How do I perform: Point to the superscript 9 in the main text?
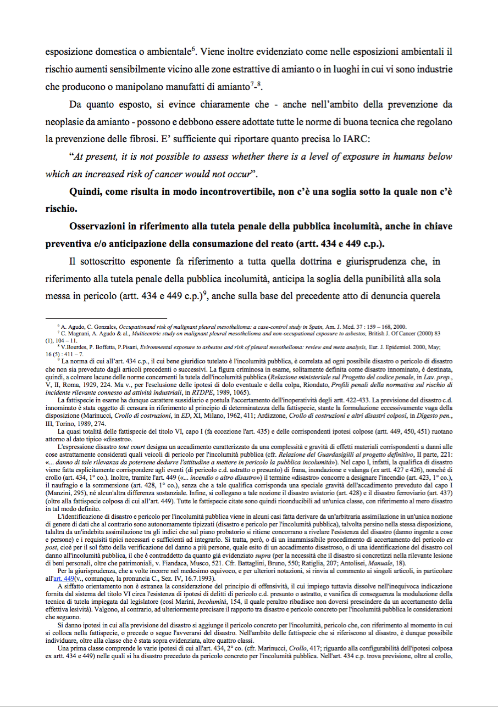204,293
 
